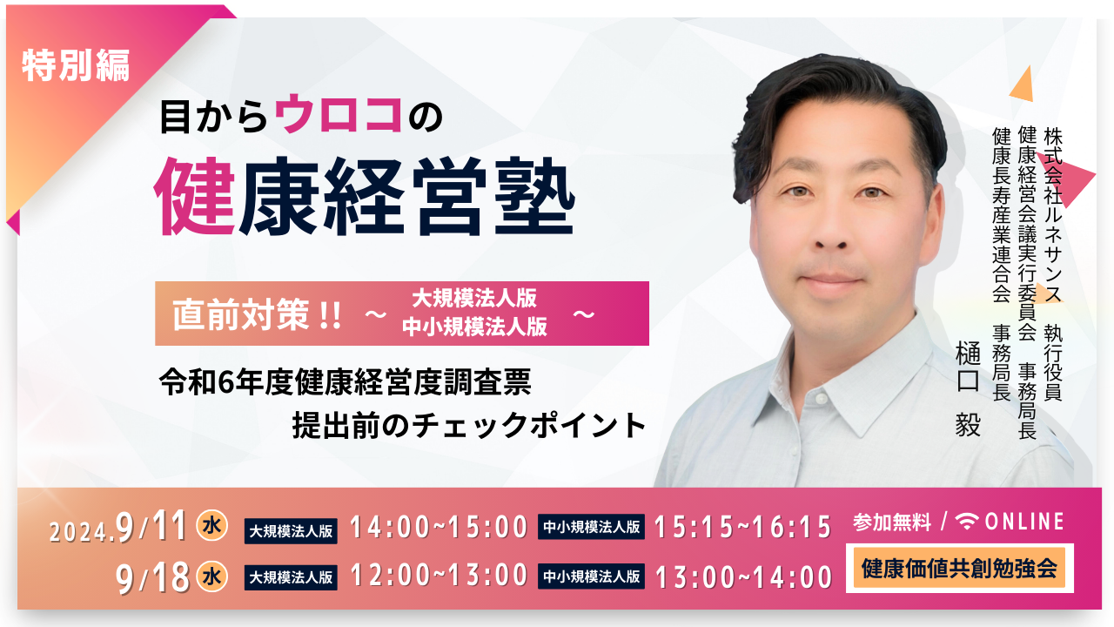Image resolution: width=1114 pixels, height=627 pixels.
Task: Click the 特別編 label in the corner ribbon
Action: tap(76, 65)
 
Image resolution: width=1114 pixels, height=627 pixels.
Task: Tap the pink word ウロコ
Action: tap(339, 114)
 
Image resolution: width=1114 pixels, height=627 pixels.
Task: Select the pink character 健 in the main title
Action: tap(195, 196)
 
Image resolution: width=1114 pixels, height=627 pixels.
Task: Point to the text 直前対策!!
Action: tap(257, 315)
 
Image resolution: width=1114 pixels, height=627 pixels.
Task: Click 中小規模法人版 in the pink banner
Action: tap(474, 327)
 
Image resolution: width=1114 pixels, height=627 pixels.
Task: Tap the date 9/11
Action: tap(151, 526)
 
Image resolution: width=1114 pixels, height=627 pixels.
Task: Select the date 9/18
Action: tap(152, 577)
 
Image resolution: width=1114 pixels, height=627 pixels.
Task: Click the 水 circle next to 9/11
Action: tap(211, 525)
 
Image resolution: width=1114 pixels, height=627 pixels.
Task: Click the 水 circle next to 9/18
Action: tap(211, 576)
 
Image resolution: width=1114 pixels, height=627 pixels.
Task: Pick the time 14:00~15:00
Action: tap(439, 527)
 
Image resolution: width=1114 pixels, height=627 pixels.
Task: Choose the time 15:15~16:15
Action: tap(743, 527)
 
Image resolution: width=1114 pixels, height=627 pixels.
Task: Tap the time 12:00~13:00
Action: tap(439, 576)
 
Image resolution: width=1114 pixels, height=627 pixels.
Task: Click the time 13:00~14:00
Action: tap(743, 576)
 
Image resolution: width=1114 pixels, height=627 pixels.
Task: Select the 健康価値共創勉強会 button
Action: tap(959, 569)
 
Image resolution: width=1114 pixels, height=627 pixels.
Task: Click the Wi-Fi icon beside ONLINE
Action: tap(967, 522)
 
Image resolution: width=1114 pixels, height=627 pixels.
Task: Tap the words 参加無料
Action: tap(892, 522)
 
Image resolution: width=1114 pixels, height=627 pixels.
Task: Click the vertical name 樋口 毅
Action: tap(968, 389)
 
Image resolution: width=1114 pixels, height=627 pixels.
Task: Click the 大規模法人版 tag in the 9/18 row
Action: tap(291, 577)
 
